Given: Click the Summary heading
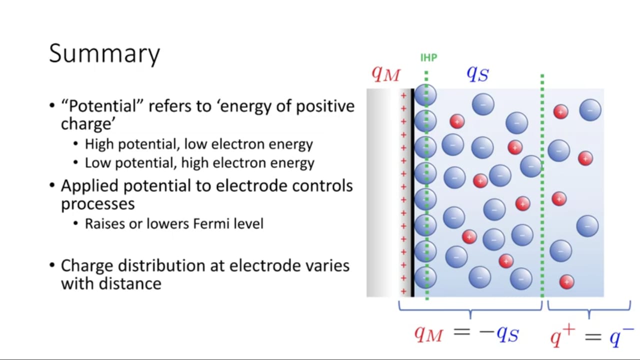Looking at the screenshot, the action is point(104,53).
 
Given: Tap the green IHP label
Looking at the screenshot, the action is point(428,57).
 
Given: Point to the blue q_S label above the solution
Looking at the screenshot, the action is point(477,73).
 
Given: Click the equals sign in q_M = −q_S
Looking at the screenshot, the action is point(461,331).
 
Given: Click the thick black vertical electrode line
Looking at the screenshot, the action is point(412,193).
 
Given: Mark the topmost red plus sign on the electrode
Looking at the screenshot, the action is point(403,95).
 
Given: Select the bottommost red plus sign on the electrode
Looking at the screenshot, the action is point(403,291).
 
